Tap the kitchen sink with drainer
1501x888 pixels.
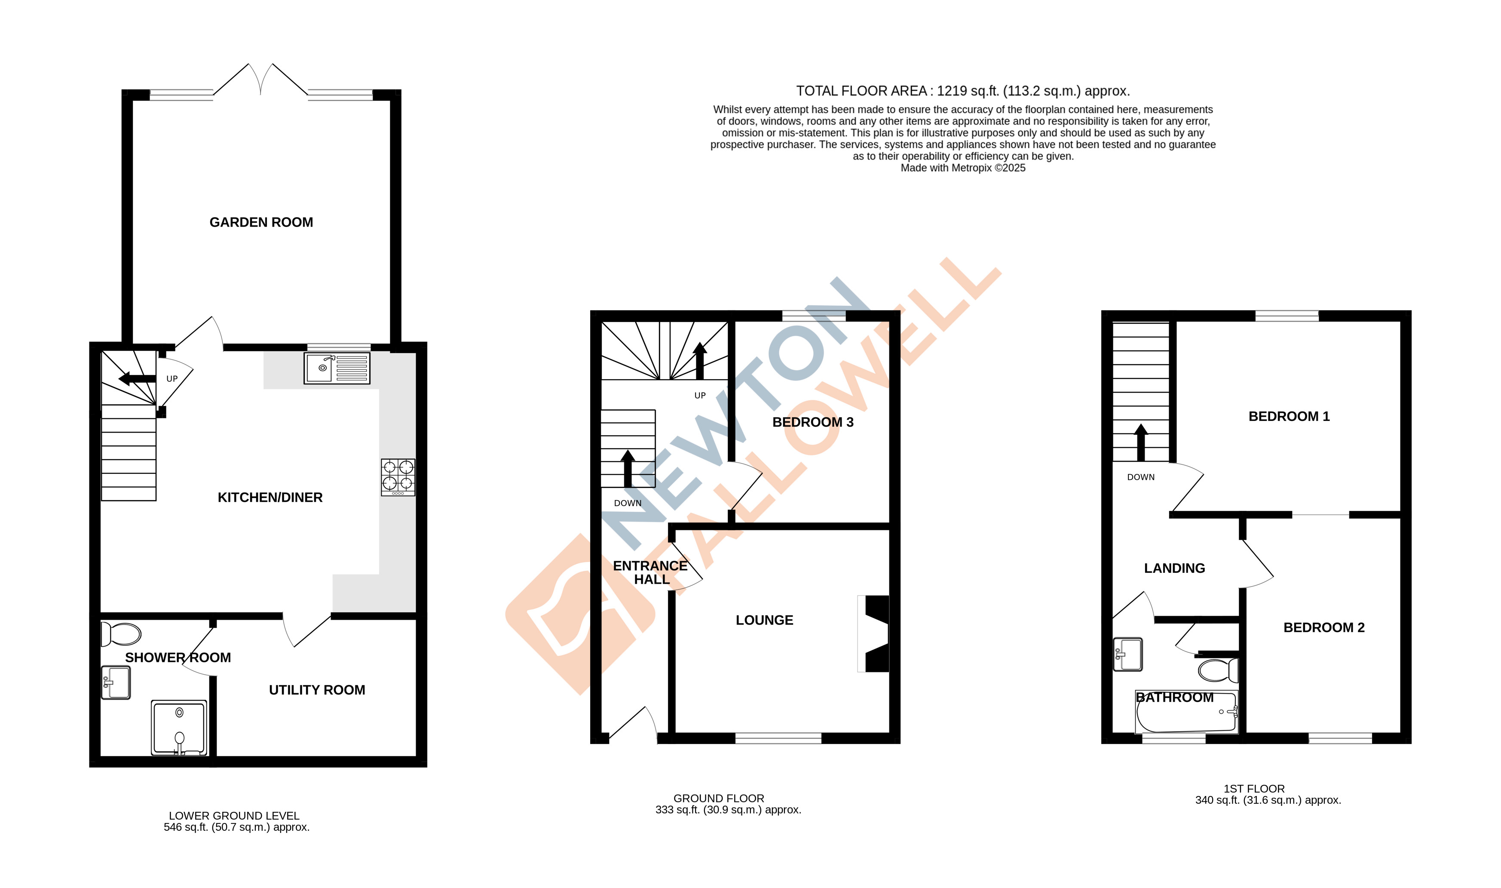pyautogui.click(x=337, y=368)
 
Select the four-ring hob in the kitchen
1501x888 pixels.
pyautogui.click(x=398, y=477)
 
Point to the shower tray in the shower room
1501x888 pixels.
pyautogui.click(x=179, y=727)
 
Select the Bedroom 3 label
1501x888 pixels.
pyautogui.click(x=813, y=422)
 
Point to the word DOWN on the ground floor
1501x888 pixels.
pyautogui.click(x=627, y=503)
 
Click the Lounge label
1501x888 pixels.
pyautogui.click(x=764, y=620)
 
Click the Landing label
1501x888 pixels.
pyautogui.click(x=1174, y=568)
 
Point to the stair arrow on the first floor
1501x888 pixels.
pyautogui.click(x=1140, y=442)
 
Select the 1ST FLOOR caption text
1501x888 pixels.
pyautogui.click(x=1253, y=789)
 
